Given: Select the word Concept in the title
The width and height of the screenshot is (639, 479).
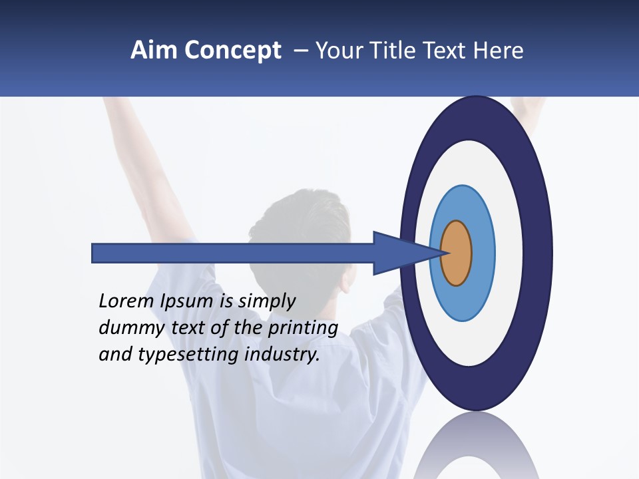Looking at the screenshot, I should coord(233,51).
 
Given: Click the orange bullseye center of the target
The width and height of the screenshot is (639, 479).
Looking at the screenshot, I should coord(457,253).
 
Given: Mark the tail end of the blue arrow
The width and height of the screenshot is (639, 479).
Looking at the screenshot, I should coord(94,253).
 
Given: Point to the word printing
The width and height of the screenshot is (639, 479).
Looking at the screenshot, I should coord(303,327).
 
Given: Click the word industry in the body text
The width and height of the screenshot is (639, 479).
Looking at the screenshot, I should coord(282,355).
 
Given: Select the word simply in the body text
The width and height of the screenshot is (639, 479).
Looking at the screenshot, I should coord(267,301).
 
